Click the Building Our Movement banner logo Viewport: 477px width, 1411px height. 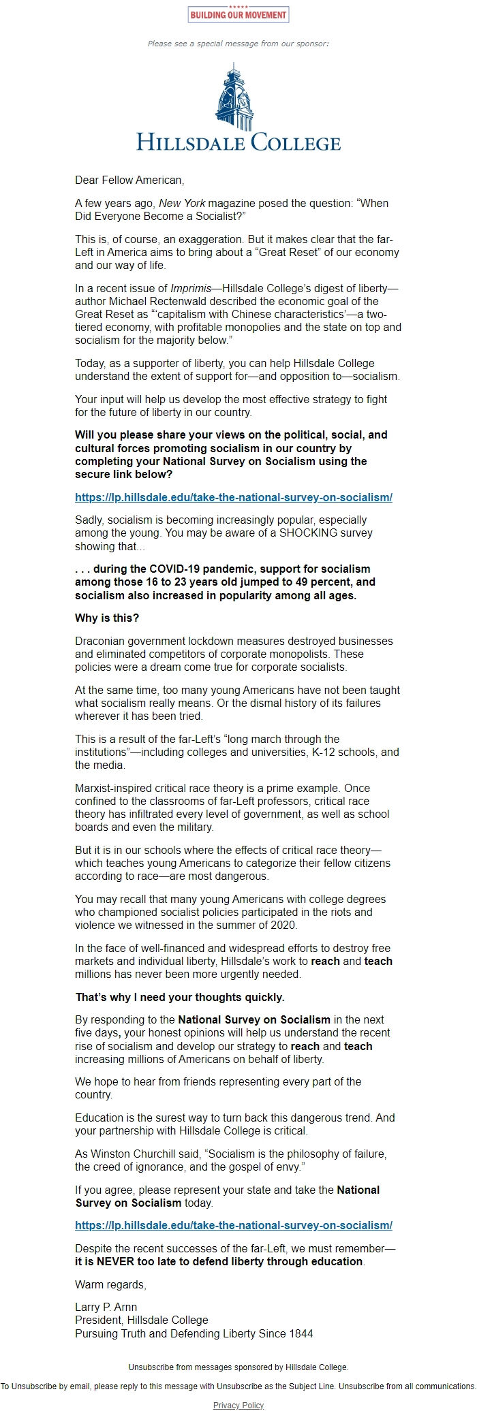238,14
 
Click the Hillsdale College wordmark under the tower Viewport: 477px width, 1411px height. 238,142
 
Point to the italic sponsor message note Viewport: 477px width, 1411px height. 238,44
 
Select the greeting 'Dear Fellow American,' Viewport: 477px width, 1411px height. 129,180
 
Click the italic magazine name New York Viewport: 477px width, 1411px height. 182,203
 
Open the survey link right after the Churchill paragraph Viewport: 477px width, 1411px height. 234,1225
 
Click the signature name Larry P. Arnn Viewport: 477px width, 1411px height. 106,1307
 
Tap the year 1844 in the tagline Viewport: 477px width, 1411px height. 301,1333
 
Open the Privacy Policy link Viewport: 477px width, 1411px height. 238,1405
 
